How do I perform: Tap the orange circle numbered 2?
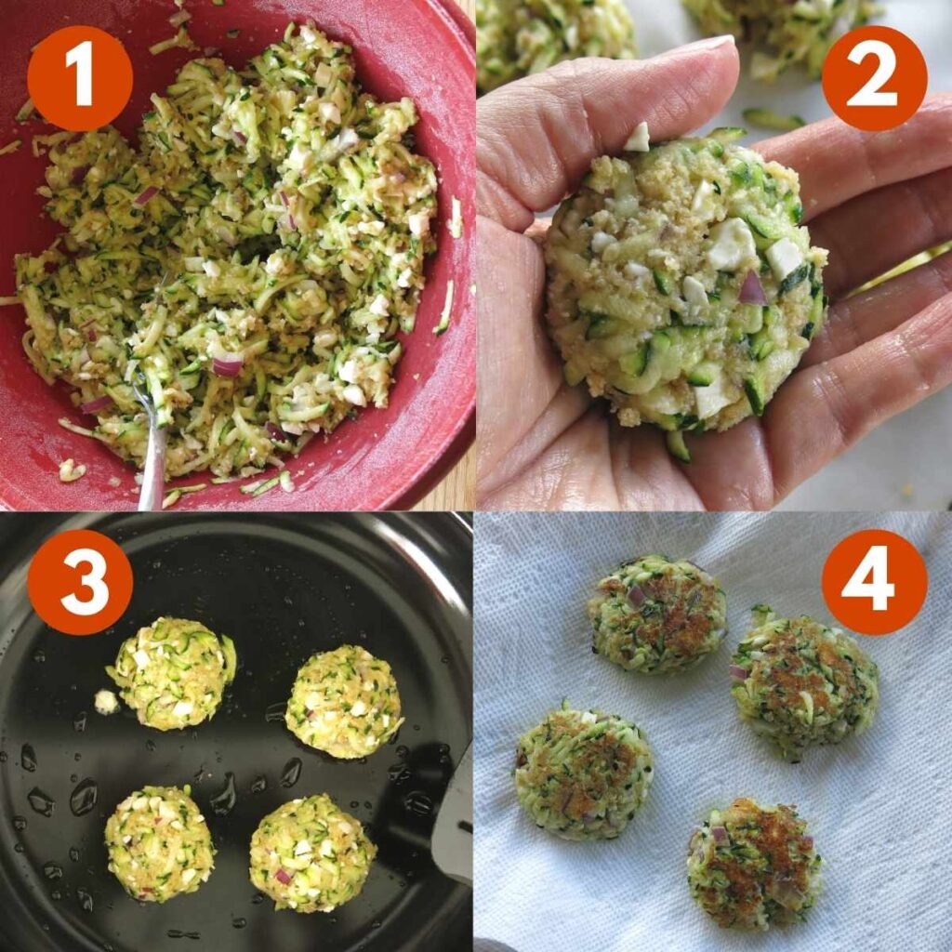[x=874, y=78]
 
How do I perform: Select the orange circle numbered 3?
[x=80, y=582]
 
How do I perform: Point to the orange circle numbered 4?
[x=874, y=582]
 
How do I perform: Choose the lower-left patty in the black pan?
[x=159, y=842]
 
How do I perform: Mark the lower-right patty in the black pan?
[x=311, y=852]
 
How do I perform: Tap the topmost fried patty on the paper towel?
[x=657, y=614]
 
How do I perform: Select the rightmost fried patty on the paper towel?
[x=804, y=684]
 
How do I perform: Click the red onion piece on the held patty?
[x=751, y=290]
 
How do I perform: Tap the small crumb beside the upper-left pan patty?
[x=106, y=702]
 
